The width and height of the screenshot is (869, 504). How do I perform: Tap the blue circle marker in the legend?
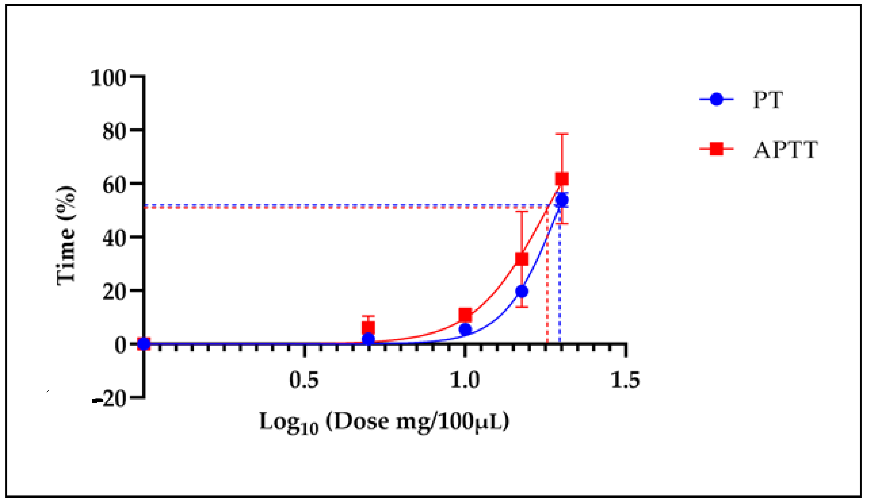click(716, 99)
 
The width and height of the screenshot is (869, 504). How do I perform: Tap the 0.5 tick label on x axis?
click(304, 380)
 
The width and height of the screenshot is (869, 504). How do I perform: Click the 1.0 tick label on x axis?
click(464, 380)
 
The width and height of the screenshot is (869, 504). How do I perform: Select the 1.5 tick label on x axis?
click(625, 380)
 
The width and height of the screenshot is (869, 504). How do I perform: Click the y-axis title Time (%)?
click(66, 236)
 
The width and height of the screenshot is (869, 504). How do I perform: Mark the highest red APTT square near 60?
click(562, 179)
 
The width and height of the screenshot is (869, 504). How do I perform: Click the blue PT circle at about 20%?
click(522, 292)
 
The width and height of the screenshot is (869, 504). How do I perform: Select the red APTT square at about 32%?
click(521, 259)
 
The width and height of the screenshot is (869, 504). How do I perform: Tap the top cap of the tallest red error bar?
click(562, 134)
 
